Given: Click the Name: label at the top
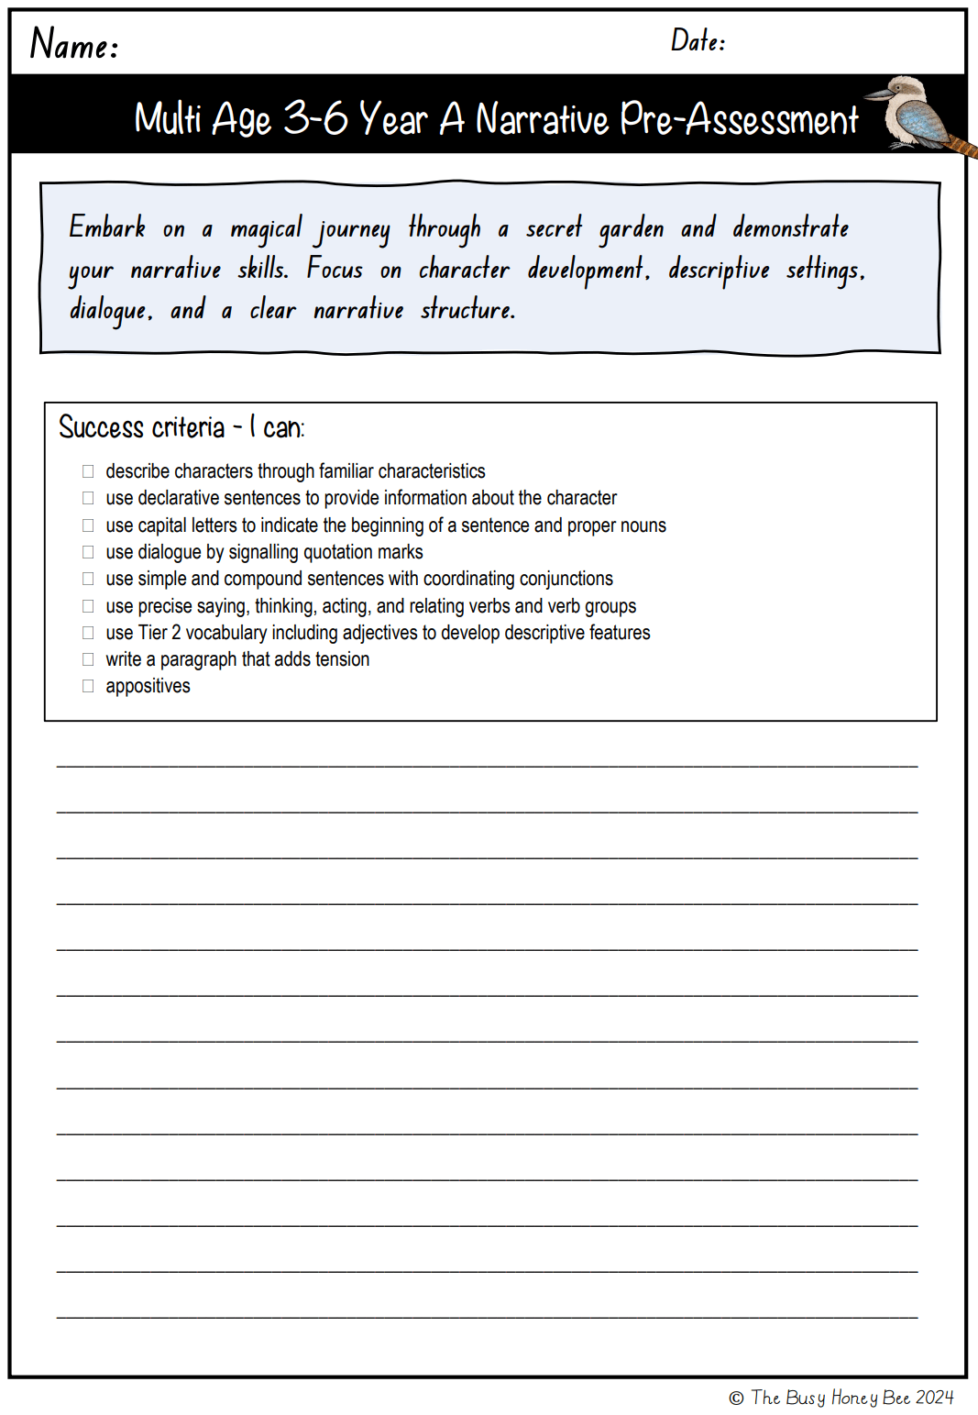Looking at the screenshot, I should pos(74,44).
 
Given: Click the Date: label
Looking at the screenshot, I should pos(698,40).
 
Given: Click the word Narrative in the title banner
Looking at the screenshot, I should pos(542,119).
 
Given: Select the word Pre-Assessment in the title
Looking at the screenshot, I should pos(739,119).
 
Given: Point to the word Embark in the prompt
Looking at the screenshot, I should pos(107,227).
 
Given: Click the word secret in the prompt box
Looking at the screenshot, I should pos(554,227).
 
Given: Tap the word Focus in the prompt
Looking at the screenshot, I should pos(335,269).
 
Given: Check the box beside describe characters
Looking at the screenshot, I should pos(88,471).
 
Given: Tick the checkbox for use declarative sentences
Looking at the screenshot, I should pos(88,498).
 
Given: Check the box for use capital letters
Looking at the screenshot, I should pos(88,525).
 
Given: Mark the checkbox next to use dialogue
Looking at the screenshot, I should pos(88,552).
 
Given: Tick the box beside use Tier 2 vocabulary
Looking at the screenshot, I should pos(88,633).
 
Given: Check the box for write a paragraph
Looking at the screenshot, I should pos(88,659).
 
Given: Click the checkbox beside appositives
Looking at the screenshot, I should pos(88,686).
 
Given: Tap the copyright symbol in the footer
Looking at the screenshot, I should pos(736,1398).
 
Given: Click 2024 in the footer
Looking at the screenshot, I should pos(934,1398).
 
